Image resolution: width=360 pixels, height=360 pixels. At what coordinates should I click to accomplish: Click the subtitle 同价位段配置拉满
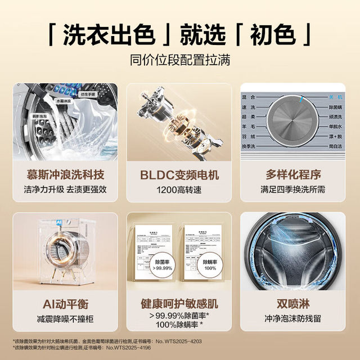(179, 60)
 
